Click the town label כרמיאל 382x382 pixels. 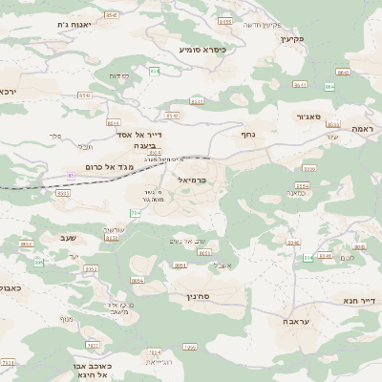[x=194, y=179]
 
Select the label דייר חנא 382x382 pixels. [x=360, y=300]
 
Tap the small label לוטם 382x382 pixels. [x=347, y=257]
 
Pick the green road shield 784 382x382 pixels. [x=135, y=212]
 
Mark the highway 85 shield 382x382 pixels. [x=71, y=175]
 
